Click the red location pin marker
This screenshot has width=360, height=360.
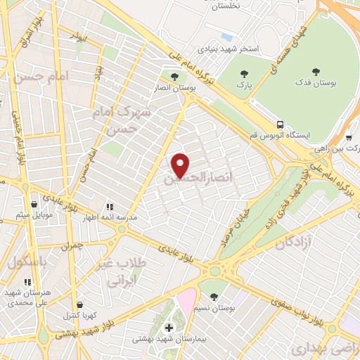point(181,165)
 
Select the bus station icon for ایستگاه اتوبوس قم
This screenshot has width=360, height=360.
point(281,124)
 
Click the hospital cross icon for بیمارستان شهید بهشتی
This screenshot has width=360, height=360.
point(169,328)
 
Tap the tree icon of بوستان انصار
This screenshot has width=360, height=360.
point(174,76)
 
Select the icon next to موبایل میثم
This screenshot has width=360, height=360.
point(25,204)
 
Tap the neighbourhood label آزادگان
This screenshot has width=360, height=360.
point(293,243)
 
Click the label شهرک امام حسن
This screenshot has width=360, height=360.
point(122,120)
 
